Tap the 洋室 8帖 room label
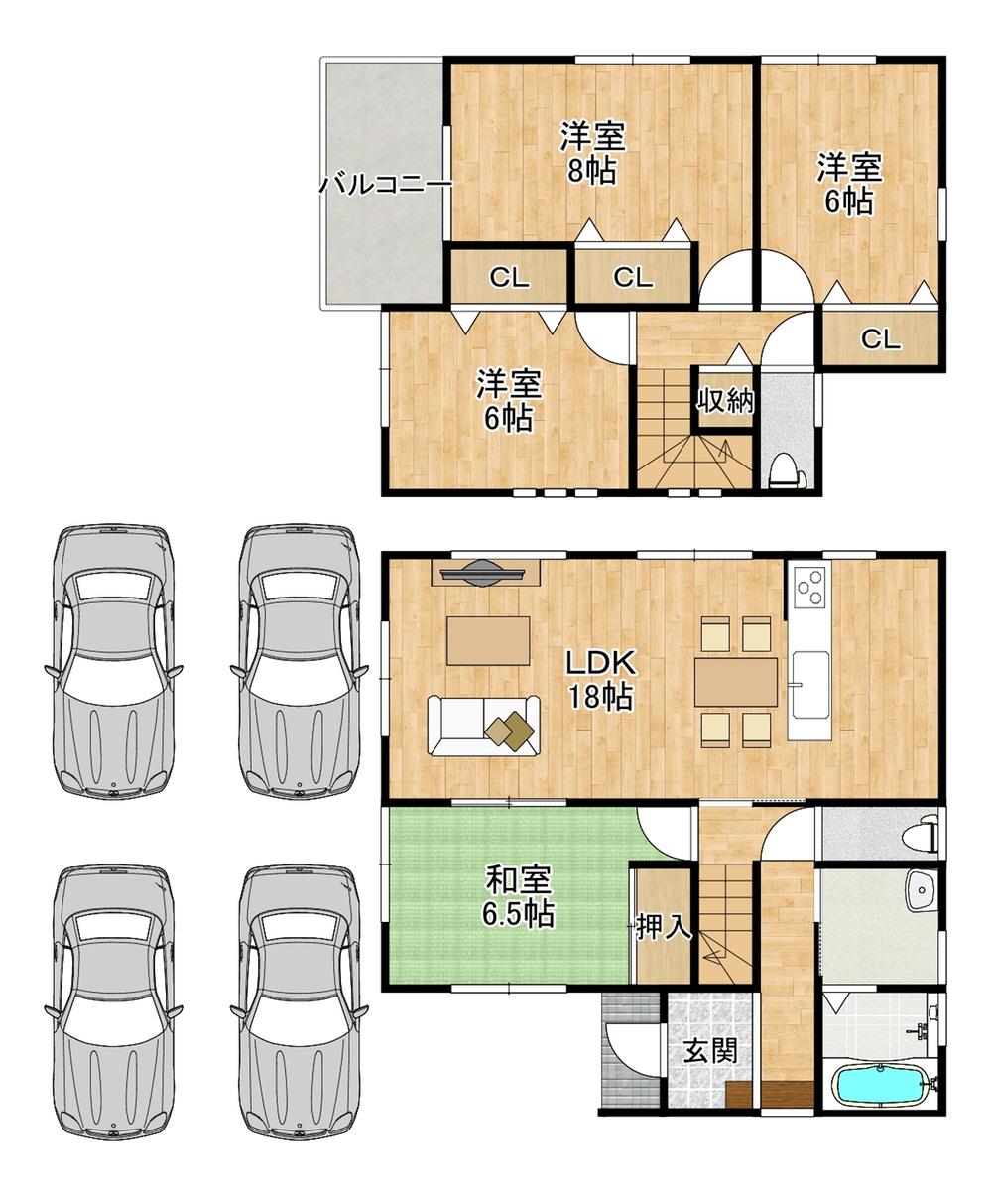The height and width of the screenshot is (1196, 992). pos(592,153)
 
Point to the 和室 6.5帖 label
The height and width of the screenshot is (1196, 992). pos(518,897)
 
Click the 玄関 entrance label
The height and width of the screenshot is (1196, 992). pos(711,1050)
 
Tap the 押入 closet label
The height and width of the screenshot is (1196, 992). pos(664,926)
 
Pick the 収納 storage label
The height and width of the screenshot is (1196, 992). pos(725,400)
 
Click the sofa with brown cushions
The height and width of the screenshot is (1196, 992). pos(484,726)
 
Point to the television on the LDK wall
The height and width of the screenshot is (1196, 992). pos(486,574)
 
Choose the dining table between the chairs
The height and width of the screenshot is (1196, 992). pos(735,682)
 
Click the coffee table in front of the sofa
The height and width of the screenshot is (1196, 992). pos(488,640)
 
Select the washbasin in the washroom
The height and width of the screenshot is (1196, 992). pos(920,890)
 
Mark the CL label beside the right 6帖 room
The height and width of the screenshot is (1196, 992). pos(880,339)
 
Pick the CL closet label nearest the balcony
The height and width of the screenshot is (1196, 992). pos(509,278)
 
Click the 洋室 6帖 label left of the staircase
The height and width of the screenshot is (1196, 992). pos(509,400)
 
